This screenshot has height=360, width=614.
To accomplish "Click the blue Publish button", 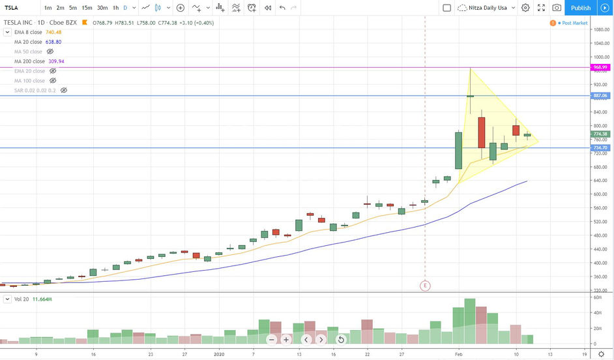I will (x=580, y=8).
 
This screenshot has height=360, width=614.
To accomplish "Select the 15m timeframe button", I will (x=87, y=8).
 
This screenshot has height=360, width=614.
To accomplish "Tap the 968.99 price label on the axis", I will (x=600, y=67).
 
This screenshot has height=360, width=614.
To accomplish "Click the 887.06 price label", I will (x=600, y=95).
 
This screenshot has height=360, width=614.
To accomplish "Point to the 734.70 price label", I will (x=600, y=148).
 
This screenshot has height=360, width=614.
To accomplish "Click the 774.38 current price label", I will (x=600, y=134).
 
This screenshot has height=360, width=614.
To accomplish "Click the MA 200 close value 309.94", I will (x=56, y=61).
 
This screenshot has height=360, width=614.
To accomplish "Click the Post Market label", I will (x=574, y=23).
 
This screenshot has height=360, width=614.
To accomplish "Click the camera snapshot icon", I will (x=557, y=8).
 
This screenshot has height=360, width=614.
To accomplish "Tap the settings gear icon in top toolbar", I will (x=525, y=8).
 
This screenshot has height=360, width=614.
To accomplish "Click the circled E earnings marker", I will (x=425, y=285).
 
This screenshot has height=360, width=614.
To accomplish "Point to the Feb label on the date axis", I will (x=459, y=354).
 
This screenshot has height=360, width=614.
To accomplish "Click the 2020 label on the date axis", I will (x=218, y=354).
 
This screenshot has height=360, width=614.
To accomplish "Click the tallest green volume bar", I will (x=469, y=321).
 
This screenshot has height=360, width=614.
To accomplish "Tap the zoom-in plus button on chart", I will (x=285, y=340).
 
